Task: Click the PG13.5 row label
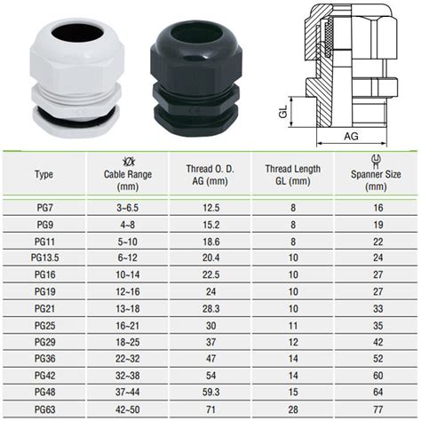click(x=44, y=258)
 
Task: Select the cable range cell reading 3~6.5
click(x=127, y=208)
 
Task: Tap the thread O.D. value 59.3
click(x=210, y=393)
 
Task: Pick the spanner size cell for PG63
click(x=378, y=409)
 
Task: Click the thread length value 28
click(x=293, y=409)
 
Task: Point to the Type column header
click(x=44, y=174)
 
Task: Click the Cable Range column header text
click(x=128, y=180)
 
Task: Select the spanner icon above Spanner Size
click(x=376, y=162)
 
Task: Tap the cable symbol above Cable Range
click(x=129, y=162)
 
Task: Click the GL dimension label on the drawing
click(x=283, y=112)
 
